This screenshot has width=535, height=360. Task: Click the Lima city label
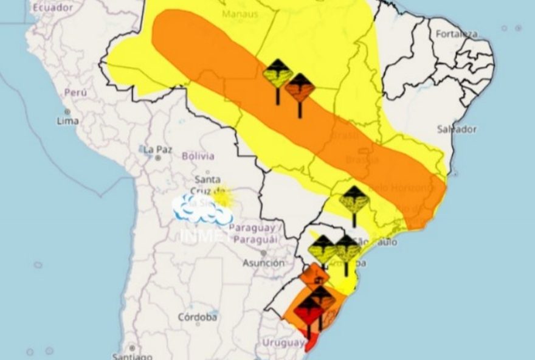pos(67,120)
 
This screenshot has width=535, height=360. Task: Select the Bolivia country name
pos(198,156)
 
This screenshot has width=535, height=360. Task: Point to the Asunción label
pos(263,263)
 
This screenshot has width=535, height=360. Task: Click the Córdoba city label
pos(198,317)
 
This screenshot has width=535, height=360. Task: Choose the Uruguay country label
pos(282,344)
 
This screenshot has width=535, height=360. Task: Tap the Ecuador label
pos(53,8)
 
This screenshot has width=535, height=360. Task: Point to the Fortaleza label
pos(456,34)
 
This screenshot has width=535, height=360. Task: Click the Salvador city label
pos(457,129)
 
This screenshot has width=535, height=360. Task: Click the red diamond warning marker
pos(309,313)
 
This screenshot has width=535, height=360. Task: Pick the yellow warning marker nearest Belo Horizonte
pos(354,199)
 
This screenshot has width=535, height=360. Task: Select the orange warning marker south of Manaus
pos(300,89)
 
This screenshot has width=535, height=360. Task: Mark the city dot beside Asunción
pos(263,252)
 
